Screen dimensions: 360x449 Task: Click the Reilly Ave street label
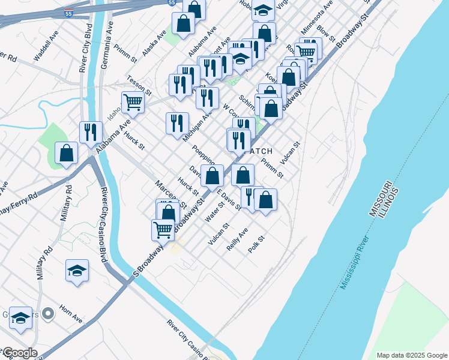pyautogui.click(x=237, y=239)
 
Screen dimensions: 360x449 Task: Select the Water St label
pyautogui.click(x=215, y=212)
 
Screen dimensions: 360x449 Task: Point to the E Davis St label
pyautogui.click(x=229, y=201)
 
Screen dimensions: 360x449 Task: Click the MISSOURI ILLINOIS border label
pyautogui.click(x=385, y=198)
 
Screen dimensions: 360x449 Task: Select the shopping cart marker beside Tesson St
pyautogui.click(x=133, y=101)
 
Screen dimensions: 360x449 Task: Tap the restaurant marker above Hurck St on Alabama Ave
pyautogui.click(x=91, y=132)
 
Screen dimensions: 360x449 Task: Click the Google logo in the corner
pyautogui.click(x=19, y=353)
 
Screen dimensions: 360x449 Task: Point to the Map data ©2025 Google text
pyautogui.click(x=411, y=355)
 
